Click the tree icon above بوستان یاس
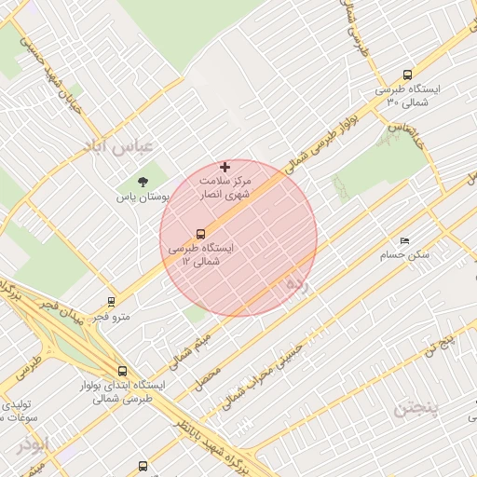click(142, 182)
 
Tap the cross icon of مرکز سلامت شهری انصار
click(225, 166)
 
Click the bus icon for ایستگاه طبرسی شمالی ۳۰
click(407, 75)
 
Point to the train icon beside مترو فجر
click(112, 302)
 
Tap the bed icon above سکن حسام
click(403, 240)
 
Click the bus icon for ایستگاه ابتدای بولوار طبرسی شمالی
click(122, 370)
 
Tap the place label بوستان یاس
click(141, 198)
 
